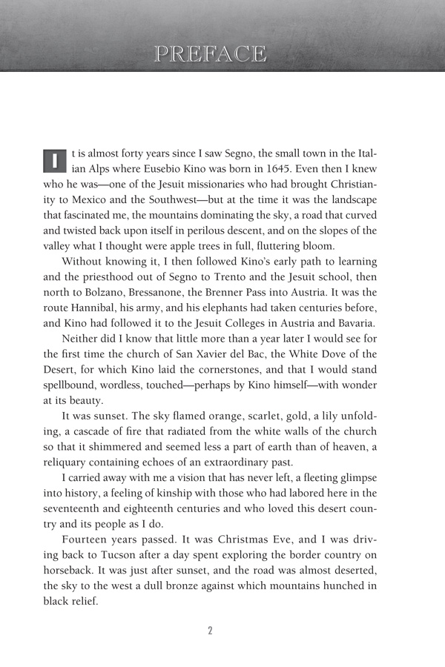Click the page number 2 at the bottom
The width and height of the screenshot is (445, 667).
[210, 631]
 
